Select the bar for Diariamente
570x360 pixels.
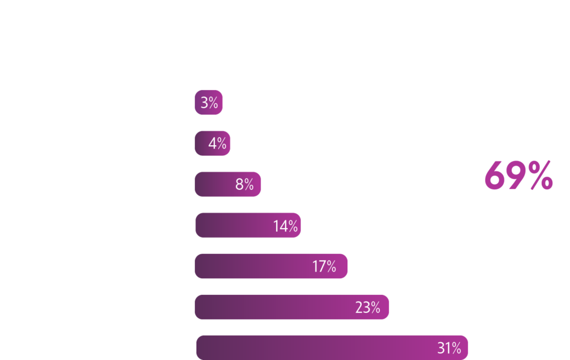(x=208, y=103)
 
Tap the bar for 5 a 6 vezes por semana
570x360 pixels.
(x=212, y=144)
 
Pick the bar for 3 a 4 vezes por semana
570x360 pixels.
(x=227, y=184)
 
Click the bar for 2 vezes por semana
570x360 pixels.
(x=248, y=225)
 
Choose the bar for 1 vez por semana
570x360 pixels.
(x=271, y=267)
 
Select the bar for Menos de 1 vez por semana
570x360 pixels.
(x=291, y=307)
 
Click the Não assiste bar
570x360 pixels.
(x=332, y=348)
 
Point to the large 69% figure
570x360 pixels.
(x=518, y=176)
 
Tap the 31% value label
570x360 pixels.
(x=449, y=348)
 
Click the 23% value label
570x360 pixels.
(x=367, y=307)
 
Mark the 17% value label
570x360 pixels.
(x=324, y=267)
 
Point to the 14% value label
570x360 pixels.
(x=285, y=226)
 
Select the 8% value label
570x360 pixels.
(x=244, y=185)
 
